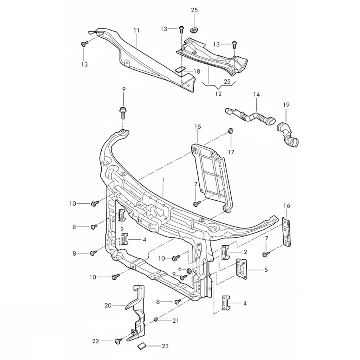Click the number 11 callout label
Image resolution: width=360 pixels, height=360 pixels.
pyautogui.click(x=136, y=31)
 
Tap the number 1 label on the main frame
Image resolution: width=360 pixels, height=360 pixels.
pyautogui.click(x=163, y=180)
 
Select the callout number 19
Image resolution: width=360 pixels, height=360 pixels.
pyautogui.click(x=286, y=104)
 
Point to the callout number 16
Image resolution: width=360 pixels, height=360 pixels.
pyautogui.click(x=287, y=205)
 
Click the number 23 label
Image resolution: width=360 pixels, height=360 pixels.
pyautogui.click(x=165, y=346)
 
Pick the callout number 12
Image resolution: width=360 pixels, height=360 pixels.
pyautogui.click(x=218, y=94)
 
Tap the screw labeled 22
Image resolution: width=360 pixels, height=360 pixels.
pyautogui.click(x=118, y=341)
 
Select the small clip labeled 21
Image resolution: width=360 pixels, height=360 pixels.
pyautogui.click(x=155, y=319)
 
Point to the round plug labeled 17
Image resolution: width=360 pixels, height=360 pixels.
pyautogui.click(x=231, y=131)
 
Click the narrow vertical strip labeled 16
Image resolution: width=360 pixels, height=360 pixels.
pyautogui.click(x=287, y=232)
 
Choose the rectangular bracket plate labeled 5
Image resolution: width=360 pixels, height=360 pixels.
pyautogui.click(x=242, y=269)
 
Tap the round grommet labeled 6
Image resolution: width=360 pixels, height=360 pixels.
pyautogui.click(x=188, y=270)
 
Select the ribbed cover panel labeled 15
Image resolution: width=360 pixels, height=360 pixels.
pyautogui.click(x=211, y=176)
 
